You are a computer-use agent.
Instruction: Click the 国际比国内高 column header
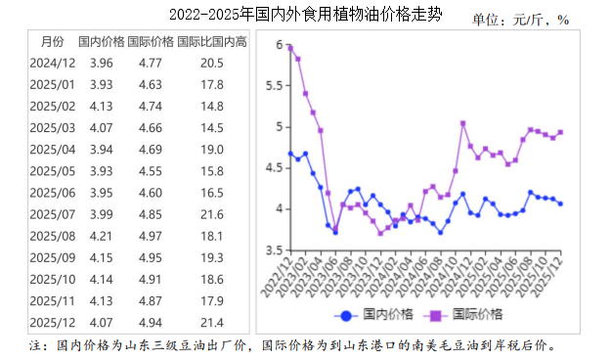pyautogui.click(x=212, y=41)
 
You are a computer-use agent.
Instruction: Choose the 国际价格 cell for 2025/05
pyautogui.click(x=150, y=171)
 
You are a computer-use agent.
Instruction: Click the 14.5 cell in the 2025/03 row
pyautogui.click(x=212, y=128)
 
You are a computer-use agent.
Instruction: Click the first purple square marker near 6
pyautogui.click(x=289, y=46)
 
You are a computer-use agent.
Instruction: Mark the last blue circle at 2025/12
pyautogui.click(x=560, y=203)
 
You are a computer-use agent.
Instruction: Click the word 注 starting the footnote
pyautogui.click(x=36, y=345)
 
